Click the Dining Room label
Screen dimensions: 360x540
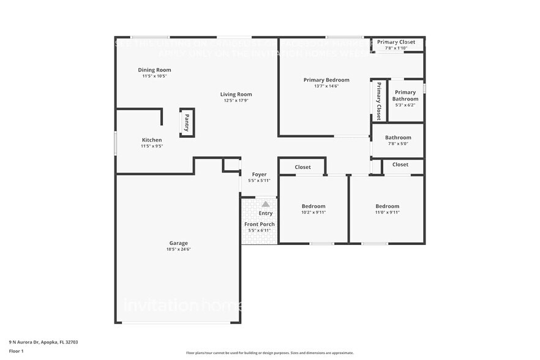154,70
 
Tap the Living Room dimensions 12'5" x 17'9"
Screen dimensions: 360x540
236,100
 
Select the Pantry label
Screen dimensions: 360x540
187,122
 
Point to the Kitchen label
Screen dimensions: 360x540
152,140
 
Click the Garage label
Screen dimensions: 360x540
179,243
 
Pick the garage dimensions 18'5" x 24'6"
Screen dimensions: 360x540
179,249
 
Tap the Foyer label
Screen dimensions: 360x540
259,174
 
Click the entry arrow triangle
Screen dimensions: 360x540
266,204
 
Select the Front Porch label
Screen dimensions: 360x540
260,224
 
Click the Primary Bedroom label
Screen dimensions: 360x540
326,80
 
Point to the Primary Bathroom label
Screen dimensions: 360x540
405,96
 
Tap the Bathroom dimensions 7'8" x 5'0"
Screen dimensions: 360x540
398,144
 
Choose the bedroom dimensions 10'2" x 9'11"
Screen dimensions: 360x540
313,212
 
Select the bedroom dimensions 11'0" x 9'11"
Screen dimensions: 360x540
387,212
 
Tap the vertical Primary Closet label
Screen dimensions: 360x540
379,100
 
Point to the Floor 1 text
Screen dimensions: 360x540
17,351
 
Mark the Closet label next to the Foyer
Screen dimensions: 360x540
302,167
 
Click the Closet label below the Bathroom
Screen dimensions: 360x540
400,164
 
